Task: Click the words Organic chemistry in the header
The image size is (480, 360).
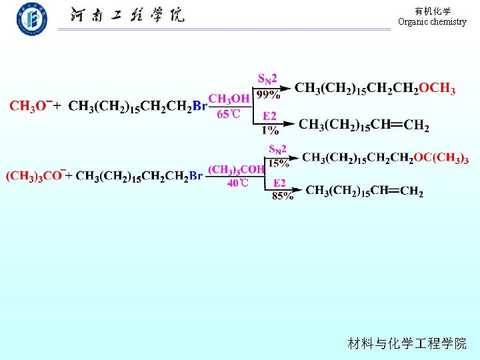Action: coord(432,22)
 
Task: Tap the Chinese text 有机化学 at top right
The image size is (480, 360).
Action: coord(432,11)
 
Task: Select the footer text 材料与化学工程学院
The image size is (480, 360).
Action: coord(407,344)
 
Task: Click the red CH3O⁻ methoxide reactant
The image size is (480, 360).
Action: coord(29,106)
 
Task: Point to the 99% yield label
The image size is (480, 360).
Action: coord(269,95)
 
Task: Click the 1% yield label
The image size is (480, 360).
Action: coord(270,130)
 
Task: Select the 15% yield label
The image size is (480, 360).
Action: coord(278,163)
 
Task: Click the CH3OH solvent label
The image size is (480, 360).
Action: coord(229,99)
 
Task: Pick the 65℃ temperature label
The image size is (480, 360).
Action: coord(229,114)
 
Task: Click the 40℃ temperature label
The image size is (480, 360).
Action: coord(237,183)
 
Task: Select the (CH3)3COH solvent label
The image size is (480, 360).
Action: coord(237,170)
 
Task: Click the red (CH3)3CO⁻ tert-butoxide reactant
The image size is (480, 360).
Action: coord(35,176)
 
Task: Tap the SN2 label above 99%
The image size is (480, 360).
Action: coord(267,80)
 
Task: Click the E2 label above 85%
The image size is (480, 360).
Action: coord(280,183)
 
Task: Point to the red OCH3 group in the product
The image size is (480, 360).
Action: coord(437,88)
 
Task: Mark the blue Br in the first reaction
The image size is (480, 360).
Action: coord(199,106)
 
